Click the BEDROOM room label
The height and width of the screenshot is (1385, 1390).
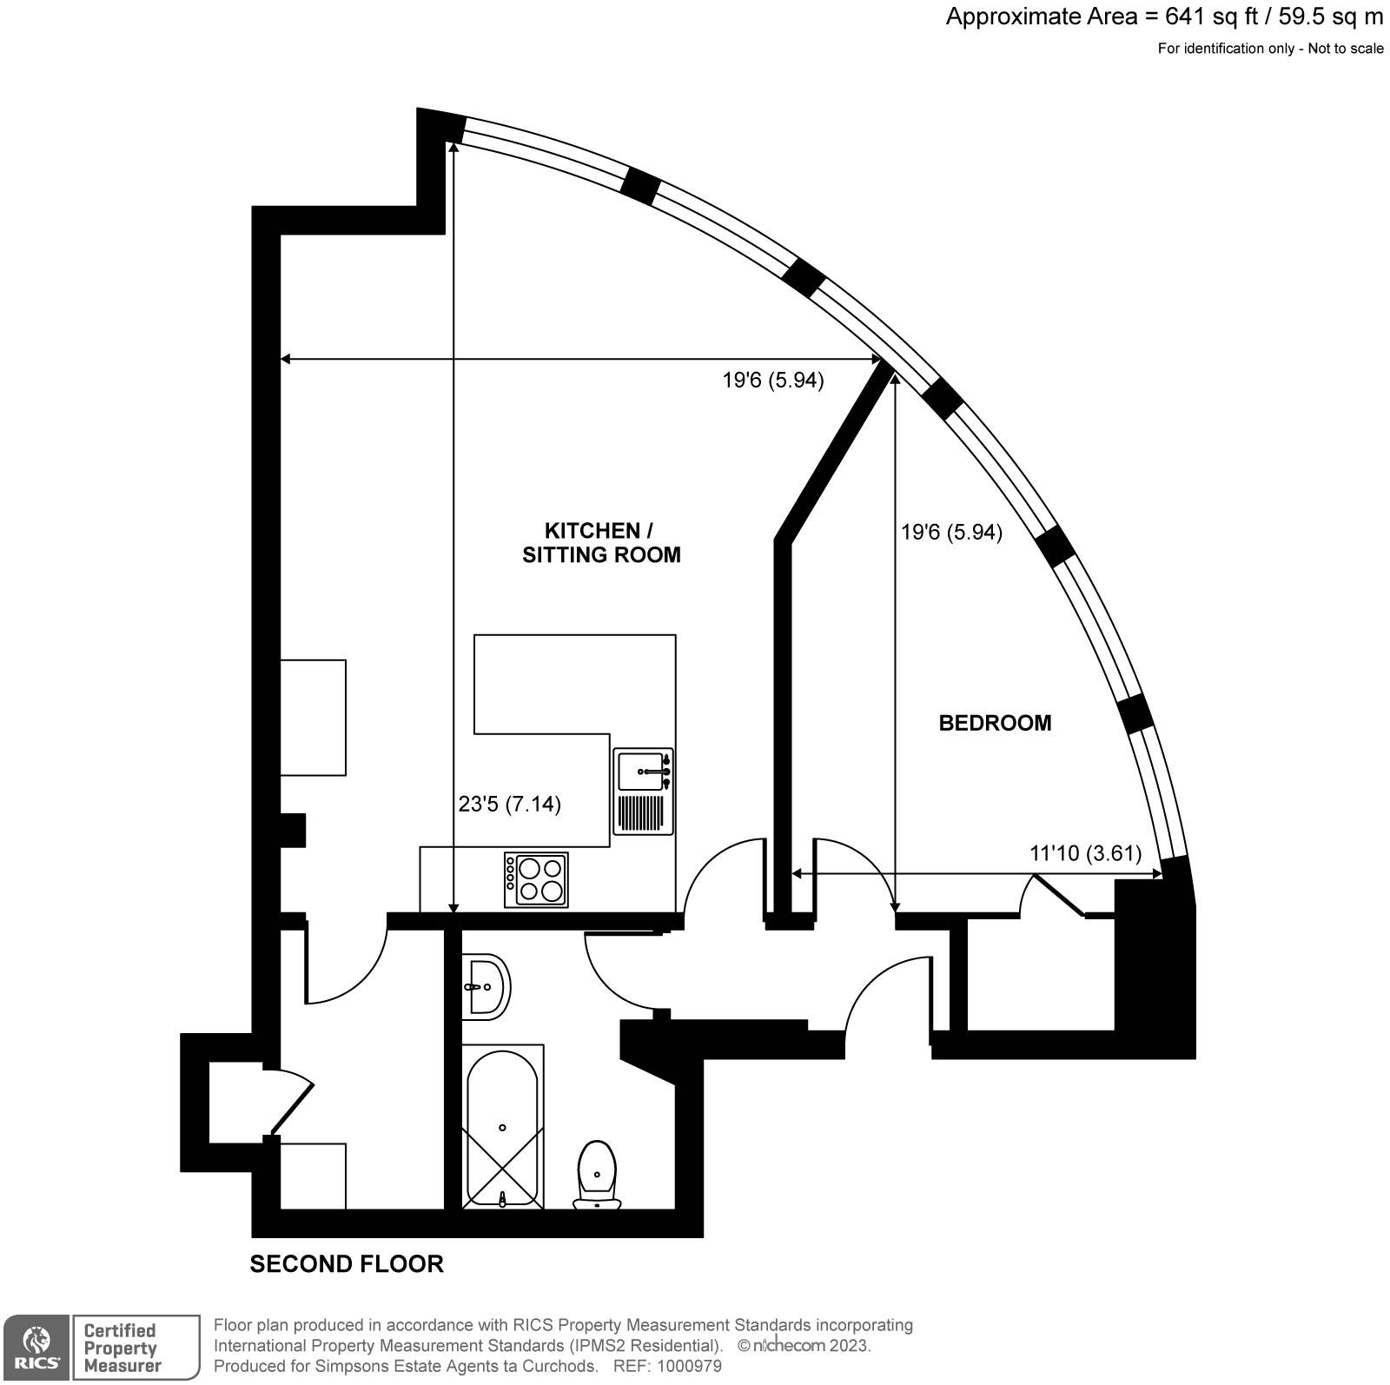click(995, 723)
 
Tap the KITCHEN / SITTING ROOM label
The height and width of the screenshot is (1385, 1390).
click(600, 543)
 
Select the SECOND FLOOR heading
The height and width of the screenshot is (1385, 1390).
click(347, 1263)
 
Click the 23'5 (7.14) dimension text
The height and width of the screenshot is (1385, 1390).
click(509, 805)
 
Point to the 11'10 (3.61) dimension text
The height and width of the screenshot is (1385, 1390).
click(1085, 853)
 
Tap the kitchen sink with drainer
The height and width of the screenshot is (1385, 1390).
click(643, 791)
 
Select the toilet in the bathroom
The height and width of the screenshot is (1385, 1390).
click(596, 1173)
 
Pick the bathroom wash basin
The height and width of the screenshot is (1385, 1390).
click(485, 987)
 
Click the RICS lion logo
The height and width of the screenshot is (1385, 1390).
click(36, 1347)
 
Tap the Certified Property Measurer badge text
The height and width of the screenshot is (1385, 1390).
click(122, 1348)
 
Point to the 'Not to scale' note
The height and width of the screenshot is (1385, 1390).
click(1345, 49)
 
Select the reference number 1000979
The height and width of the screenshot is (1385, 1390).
click(688, 1367)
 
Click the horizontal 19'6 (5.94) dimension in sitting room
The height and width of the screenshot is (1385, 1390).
click(772, 380)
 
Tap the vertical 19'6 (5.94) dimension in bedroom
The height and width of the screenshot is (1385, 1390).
click(951, 532)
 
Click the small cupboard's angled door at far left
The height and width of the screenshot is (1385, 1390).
click(292, 1105)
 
